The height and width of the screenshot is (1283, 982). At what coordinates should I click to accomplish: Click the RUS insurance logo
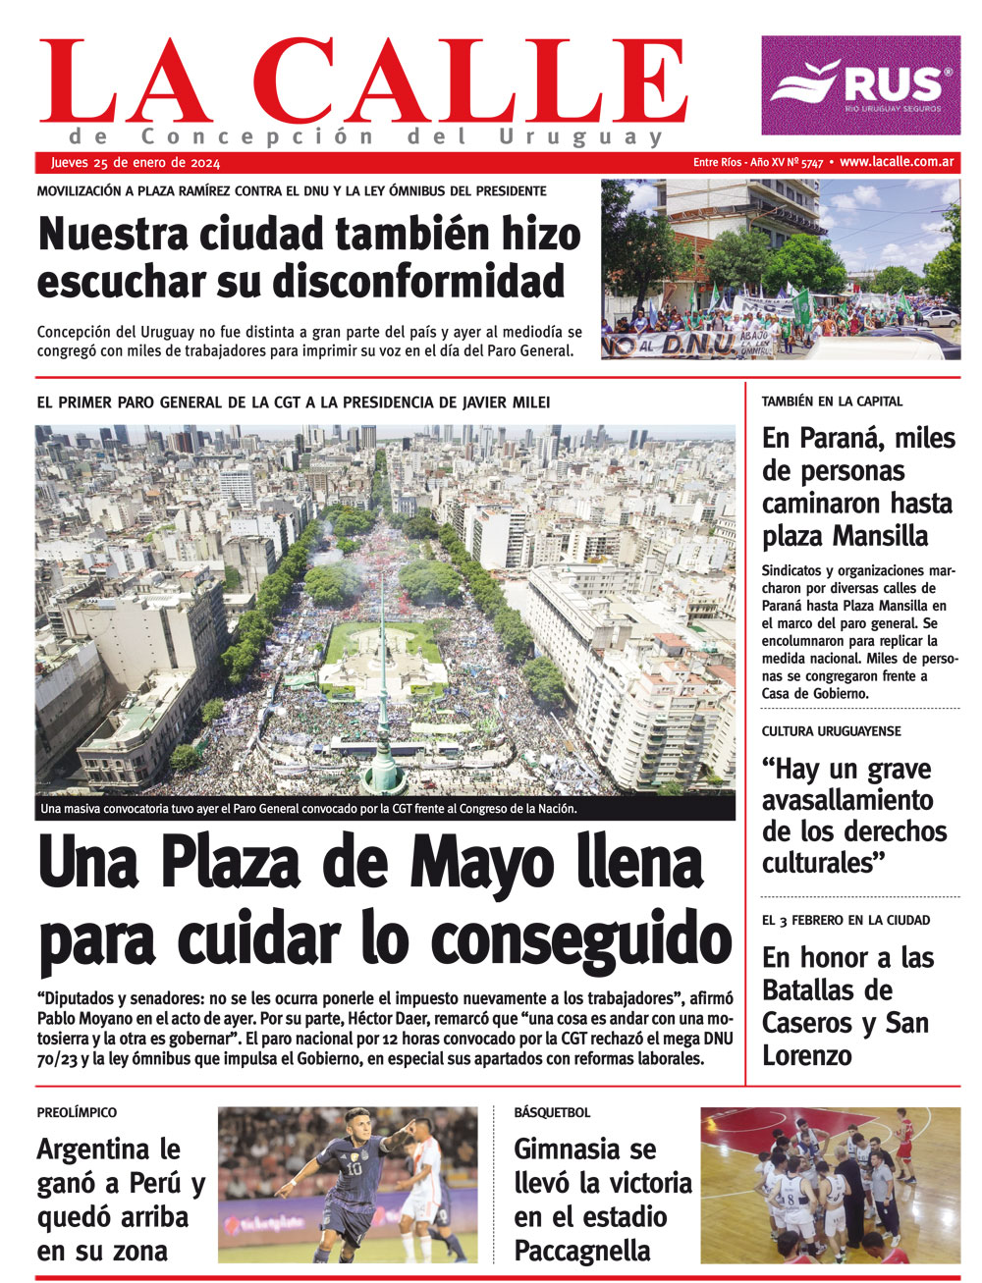860,85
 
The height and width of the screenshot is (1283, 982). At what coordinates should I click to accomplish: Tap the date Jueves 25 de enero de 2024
136,163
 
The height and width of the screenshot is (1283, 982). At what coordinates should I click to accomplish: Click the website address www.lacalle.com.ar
898,163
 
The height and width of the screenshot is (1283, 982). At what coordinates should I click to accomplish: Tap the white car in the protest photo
941,318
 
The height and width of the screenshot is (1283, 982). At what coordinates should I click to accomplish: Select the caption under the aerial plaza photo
308,810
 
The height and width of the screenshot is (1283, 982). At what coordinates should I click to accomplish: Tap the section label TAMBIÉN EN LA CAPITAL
832,401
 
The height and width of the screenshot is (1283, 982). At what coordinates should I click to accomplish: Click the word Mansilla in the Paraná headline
880,536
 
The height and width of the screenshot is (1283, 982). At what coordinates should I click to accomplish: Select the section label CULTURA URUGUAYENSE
831,731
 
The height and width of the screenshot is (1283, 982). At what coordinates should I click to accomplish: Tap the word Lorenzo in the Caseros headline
807,1055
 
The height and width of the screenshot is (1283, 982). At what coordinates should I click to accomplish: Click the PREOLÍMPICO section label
77,1113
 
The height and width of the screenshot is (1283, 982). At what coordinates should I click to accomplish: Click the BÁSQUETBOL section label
552,1113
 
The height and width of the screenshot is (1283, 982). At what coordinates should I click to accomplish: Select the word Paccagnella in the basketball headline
582,1251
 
